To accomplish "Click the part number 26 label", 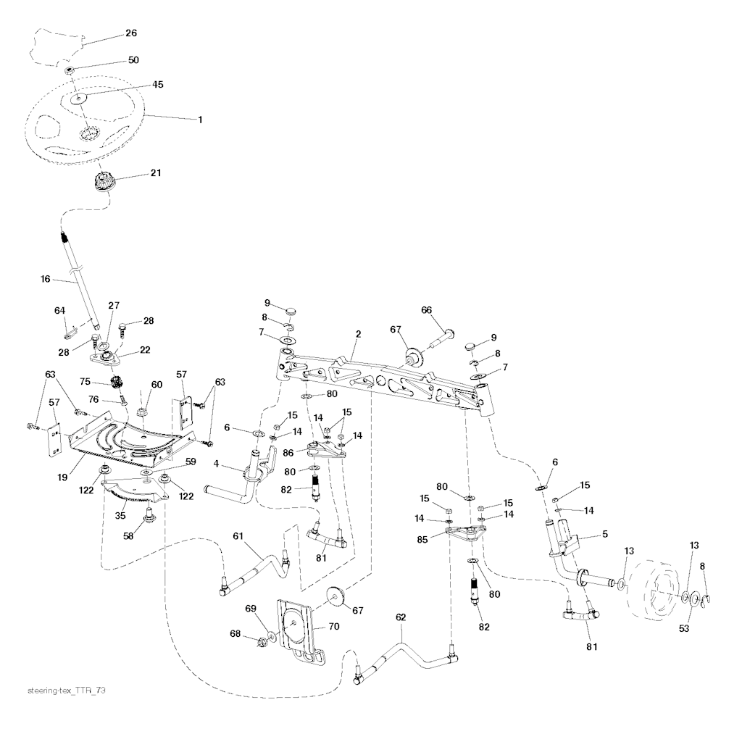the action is coord(131,33).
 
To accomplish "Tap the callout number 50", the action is coord(133,60).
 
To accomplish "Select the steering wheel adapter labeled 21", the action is coord(101,182).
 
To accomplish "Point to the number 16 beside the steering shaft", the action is coord(46,279).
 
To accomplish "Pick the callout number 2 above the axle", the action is coord(359,334).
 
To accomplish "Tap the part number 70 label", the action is coord(333,626).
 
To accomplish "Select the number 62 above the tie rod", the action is coord(401,617).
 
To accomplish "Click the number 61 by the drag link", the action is coord(238,535).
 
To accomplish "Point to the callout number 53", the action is coord(684,628).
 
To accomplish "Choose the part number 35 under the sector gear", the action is coord(120,515).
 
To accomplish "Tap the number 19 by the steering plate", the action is coord(62,477).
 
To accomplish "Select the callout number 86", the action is coord(288,453).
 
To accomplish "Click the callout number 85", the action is coord(422,539).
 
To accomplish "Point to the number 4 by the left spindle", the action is coord(216,464).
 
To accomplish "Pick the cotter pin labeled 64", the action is coord(70,334).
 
